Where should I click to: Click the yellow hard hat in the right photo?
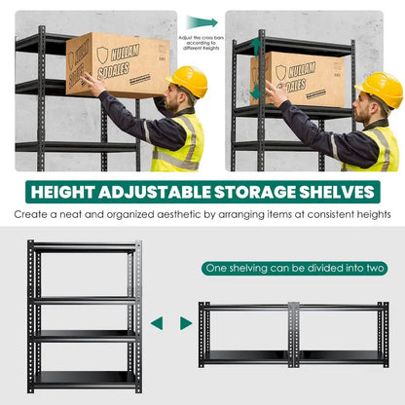381,88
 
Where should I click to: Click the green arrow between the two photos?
202,22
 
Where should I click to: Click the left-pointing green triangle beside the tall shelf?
157,322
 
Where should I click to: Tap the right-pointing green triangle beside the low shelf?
186,322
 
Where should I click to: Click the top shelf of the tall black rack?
84,249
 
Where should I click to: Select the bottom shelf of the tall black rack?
84,378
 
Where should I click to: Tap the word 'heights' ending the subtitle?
370,213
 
